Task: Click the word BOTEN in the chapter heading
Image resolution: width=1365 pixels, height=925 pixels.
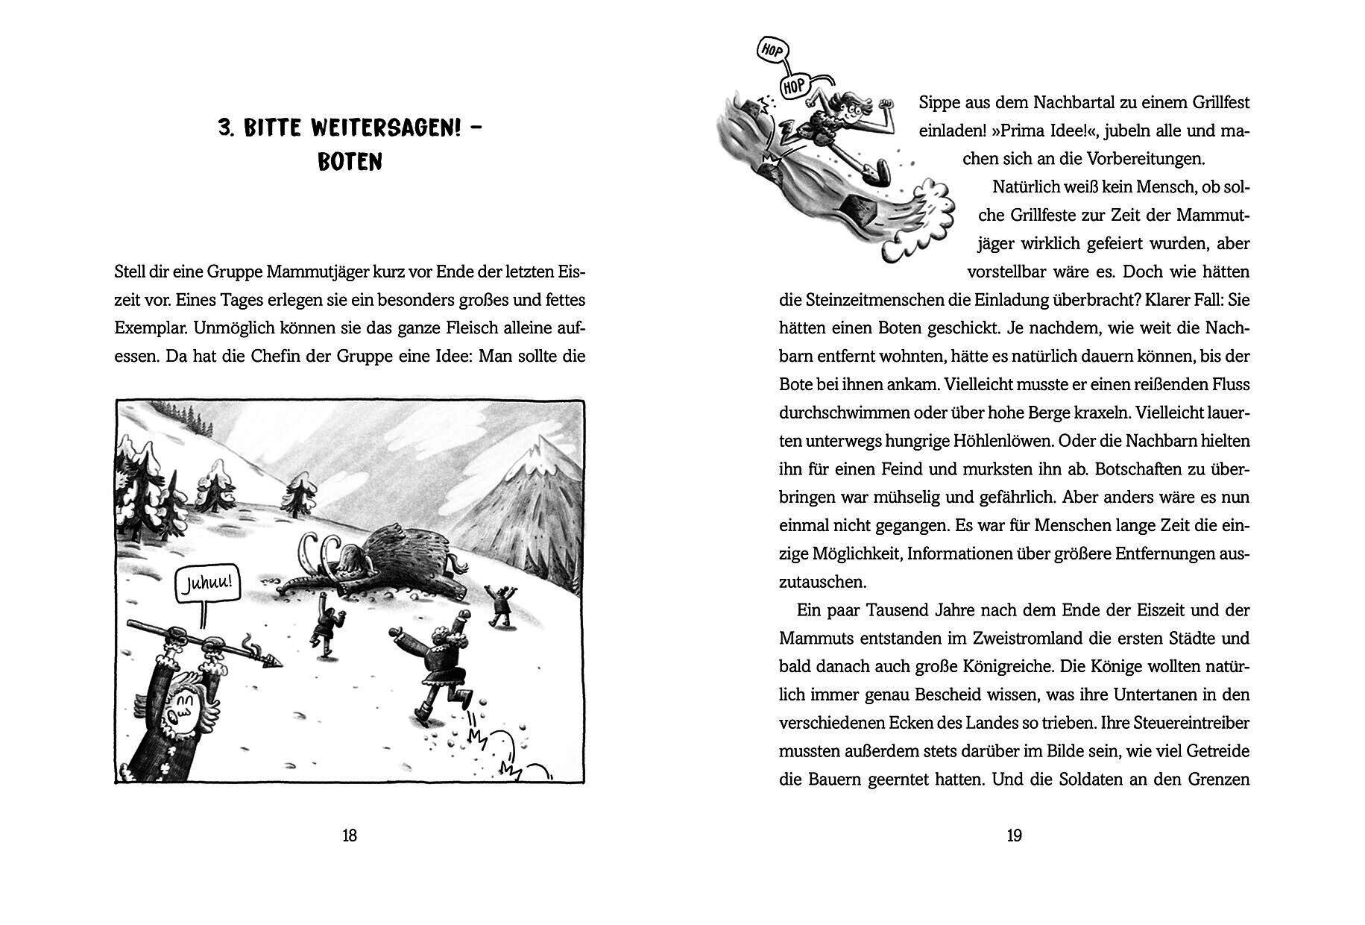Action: tap(350, 163)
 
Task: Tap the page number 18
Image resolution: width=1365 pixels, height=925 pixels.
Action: tap(350, 835)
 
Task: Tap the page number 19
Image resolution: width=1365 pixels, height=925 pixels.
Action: tap(1015, 835)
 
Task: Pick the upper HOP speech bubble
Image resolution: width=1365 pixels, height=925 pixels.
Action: tap(771, 51)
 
